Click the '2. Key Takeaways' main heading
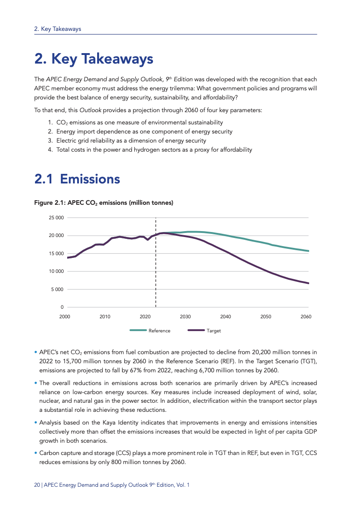94,59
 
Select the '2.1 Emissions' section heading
77,179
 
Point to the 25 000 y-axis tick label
56,218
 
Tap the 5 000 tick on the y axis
57,290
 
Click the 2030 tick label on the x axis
185,316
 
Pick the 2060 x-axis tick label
306,316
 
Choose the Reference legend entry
150,331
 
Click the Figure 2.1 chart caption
104,203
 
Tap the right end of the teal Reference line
309,251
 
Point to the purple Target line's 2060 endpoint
309,283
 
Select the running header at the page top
58,29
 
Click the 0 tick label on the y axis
62,307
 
